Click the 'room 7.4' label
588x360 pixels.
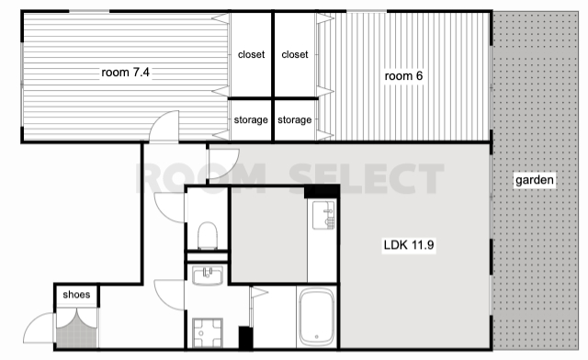pyautogui.click(x=125, y=72)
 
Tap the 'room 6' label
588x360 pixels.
pyautogui.click(x=403, y=76)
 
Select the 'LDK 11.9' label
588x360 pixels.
pyautogui.click(x=409, y=245)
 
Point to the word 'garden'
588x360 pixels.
pyautogui.click(x=535, y=180)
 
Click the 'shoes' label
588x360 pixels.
pyautogui.click(x=76, y=295)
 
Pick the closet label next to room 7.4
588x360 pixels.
pyautogui.click(x=251, y=55)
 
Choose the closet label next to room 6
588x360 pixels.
pyautogui.click(x=295, y=55)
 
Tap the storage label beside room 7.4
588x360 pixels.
pyautogui.click(x=251, y=119)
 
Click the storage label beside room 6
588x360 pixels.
pyautogui.click(x=295, y=119)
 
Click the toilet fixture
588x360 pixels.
pyautogui.click(x=208, y=235)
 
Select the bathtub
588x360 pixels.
pyautogui.click(x=316, y=317)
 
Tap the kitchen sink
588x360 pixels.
pyautogui.click(x=323, y=215)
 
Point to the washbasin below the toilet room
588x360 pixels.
pyautogui.click(x=208, y=276)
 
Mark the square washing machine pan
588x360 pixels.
pyautogui.click(x=208, y=332)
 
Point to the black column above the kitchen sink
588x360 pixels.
pyautogui.click(x=322, y=191)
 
